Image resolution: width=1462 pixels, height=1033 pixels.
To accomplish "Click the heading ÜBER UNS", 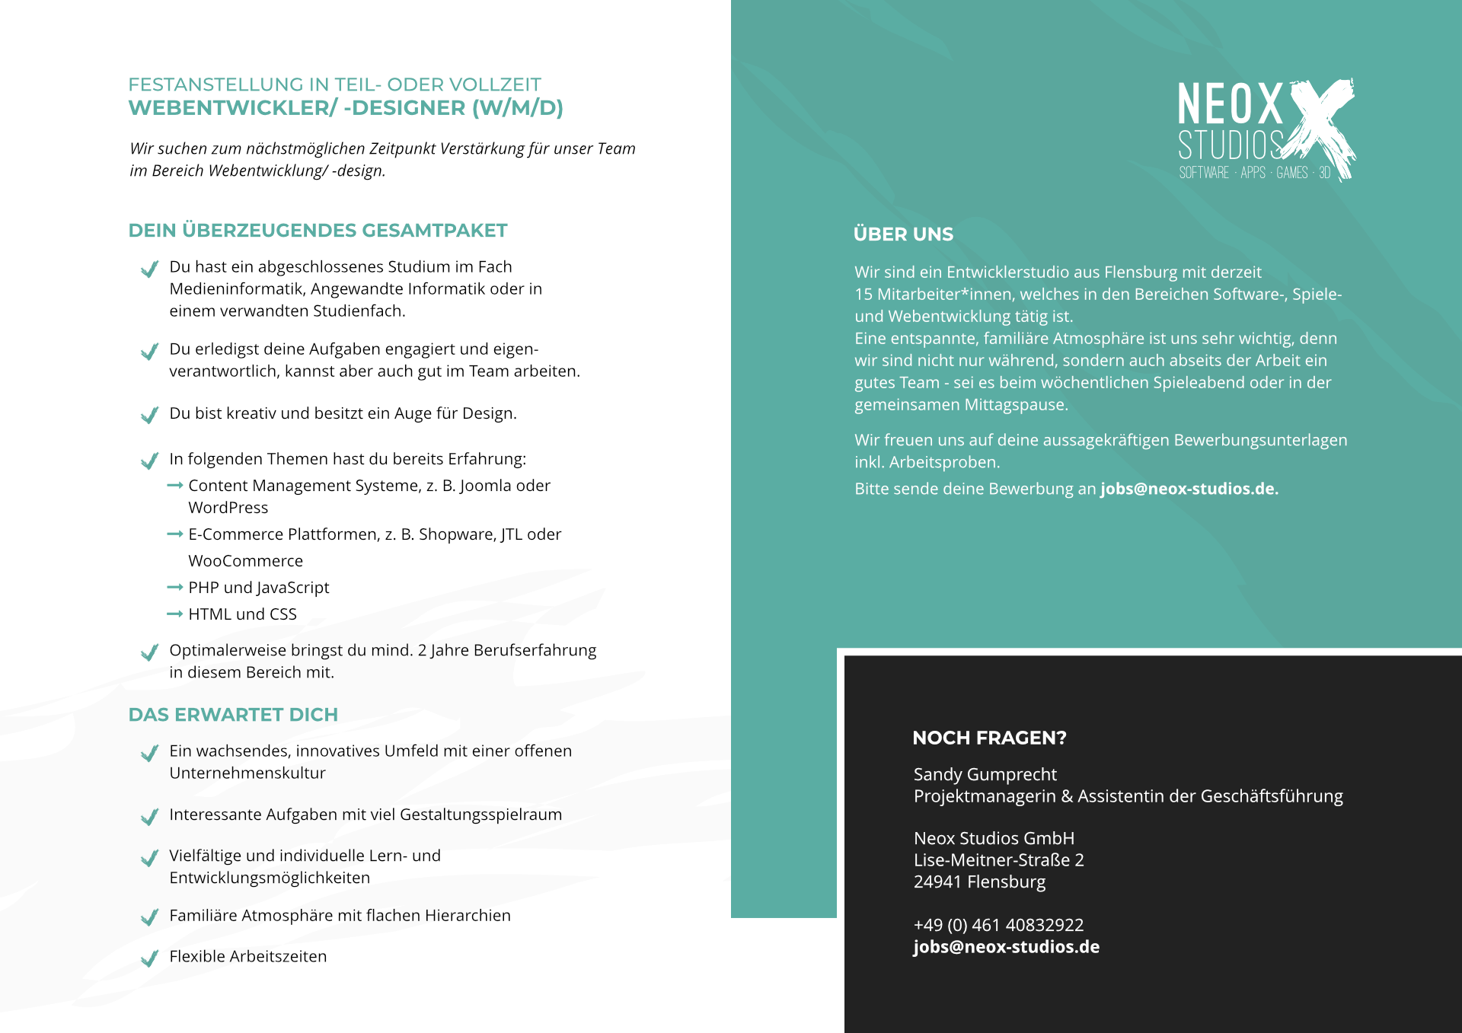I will pos(903,234).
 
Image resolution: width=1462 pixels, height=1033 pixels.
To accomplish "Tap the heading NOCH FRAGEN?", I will pos(989,738).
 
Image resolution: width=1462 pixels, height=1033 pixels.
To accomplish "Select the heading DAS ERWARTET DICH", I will pos(233,715).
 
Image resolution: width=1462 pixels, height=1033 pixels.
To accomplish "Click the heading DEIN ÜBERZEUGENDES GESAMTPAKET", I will pos(318,231).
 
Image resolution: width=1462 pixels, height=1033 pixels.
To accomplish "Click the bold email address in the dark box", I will pos(1006,947).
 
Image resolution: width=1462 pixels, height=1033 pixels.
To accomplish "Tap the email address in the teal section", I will pos(1189,489).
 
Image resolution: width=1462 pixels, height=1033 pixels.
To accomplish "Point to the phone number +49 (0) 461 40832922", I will pos(998,925).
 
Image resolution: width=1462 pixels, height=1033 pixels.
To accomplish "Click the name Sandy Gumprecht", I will pos(985,774).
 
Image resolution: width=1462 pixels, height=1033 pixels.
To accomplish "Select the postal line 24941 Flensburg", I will pos(979,882).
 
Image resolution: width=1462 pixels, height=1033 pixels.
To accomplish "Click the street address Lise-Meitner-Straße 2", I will pos(998,860).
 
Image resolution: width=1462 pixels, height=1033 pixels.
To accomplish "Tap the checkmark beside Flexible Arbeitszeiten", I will pos(149,958).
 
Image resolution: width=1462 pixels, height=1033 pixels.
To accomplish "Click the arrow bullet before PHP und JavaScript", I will pos(174,588).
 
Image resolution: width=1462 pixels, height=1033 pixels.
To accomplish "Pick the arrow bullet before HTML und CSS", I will pos(174,614).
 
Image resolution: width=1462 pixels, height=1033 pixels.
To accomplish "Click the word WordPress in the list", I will pos(228,508).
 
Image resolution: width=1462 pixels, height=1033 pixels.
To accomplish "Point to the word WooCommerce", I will pos(245,561).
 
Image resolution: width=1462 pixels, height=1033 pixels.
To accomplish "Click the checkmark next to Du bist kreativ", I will pos(149,415).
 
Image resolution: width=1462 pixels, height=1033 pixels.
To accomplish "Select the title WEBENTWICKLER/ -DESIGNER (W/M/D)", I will pos(346,108).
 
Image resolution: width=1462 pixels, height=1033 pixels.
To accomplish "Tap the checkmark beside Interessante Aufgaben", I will pos(149,816).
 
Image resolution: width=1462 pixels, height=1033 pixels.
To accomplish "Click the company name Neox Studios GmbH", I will pos(994,838).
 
